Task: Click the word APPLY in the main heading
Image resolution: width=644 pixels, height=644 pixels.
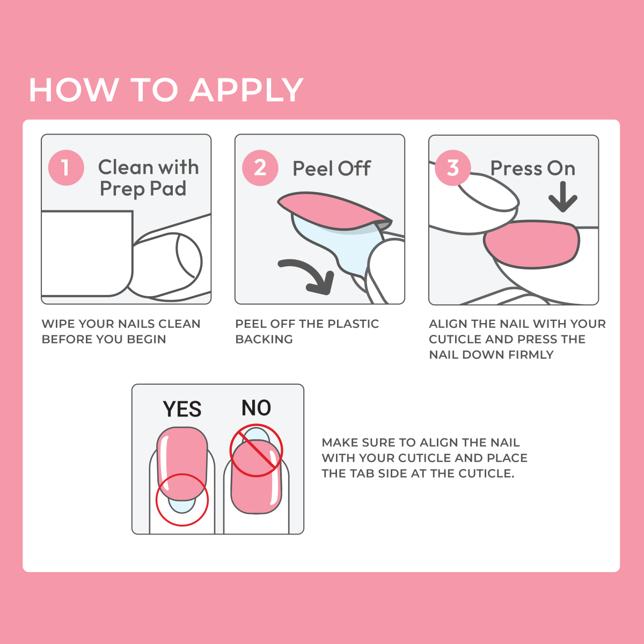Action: (247, 90)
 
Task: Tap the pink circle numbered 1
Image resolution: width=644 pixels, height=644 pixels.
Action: (66, 168)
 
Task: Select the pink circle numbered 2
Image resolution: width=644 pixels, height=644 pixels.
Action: (260, 168)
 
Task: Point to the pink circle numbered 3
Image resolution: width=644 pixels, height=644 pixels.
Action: (453, 168)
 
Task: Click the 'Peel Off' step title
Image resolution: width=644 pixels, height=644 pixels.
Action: (331, 169)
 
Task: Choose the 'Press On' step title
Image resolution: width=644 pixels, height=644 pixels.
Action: (532, 169)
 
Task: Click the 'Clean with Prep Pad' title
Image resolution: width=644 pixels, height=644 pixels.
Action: (148, 178)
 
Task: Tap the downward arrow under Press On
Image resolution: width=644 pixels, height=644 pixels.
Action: (562, 197)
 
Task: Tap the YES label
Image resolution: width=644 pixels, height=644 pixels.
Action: (182, 409)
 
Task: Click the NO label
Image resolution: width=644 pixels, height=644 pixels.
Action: (256, 408)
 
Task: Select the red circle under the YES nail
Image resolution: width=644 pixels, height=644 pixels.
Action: (182, 500)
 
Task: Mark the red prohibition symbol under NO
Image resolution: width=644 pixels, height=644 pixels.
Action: (256, 450)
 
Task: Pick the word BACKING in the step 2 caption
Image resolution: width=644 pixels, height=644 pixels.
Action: (264, 339)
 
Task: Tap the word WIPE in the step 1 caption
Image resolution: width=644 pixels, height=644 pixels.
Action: (58, 324)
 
